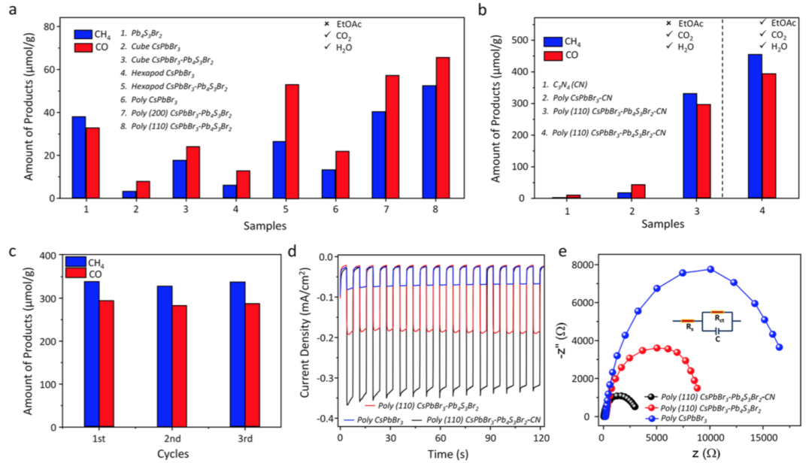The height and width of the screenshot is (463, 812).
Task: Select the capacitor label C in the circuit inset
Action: [x=717, y=338]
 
